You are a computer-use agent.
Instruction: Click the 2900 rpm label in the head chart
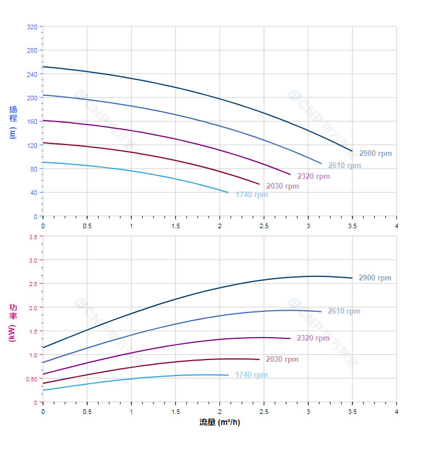pyautogui.click(x=375, y=154)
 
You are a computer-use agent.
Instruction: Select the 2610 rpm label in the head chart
pyautogui.click(x=344, y=166)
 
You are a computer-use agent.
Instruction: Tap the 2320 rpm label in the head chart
pyautogui.click(x=314, y=176)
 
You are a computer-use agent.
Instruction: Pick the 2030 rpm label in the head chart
pyautogui.click(x=283, y=186)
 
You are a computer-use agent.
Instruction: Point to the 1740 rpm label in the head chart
pyautogui.click(x=252, y=194)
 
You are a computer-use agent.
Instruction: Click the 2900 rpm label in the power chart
pyautogui.click(x=375, y=278)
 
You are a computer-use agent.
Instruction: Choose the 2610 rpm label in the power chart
pyautogui.click(x=344, y=311)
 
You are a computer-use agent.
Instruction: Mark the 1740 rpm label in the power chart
pyautogui.click(x=251, y=375)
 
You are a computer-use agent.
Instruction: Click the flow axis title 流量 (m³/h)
pyautogui.click(x=220, y=423)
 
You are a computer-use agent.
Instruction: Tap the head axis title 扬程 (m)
pyautogui.click(x=13, y=122)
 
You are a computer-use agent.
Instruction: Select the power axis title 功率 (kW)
pyautogui.click(x=13, y=323)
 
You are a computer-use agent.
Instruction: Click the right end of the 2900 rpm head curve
pyautogui.click(x=352, y=151)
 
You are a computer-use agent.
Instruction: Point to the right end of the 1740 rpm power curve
pyautogui.click(x=228, y=375)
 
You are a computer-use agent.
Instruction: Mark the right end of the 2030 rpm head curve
pyautogui.click(x=259, y=184)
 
